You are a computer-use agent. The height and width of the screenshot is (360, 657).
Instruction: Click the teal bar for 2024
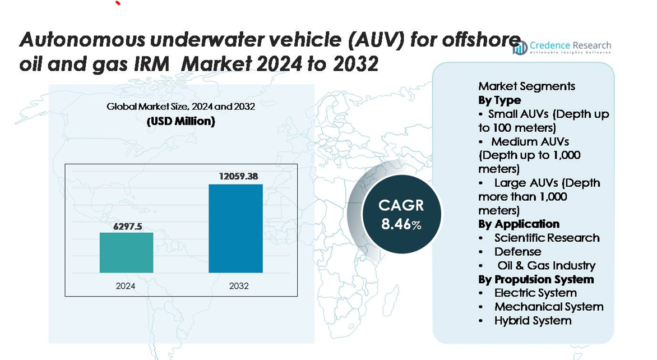click(x=126, y=252)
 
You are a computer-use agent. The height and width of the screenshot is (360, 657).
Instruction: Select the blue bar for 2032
click(x=235, y=228)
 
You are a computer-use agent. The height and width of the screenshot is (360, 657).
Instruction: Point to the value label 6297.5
click(x=126, y=226)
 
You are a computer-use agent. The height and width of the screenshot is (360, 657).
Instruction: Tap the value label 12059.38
click(x=238, y=176)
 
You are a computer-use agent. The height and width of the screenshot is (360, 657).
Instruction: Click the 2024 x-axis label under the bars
click(x=126, y=286)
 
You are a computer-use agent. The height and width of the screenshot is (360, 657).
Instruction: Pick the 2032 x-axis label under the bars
click(x=239, y=286)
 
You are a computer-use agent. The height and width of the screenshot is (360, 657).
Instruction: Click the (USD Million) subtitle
click(x=181, y=121)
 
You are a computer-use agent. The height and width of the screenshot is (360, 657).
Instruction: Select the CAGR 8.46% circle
click(x=402, y=214)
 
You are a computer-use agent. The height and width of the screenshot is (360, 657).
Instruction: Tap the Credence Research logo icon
click(x=520, y=48)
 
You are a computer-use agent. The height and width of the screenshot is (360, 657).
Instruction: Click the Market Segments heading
click(x=526, y=86)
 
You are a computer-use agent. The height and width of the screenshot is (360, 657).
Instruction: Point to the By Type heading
click(x=499, y=100)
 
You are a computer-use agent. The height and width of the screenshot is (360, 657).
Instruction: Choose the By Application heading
click(x=519, y=224)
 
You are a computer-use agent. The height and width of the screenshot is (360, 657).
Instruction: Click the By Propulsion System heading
click(x=536, y=279)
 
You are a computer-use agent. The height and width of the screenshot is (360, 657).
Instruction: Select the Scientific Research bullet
click(x=547, y=238)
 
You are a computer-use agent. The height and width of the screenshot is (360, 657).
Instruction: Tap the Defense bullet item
click(x=517, y=252)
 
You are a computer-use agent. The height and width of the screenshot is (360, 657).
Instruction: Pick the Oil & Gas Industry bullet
click(x=546, y=266)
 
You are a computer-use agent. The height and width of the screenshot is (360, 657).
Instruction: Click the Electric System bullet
click(x=535, y=293)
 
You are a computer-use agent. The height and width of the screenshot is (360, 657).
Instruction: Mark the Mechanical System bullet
click(x=548, y=307)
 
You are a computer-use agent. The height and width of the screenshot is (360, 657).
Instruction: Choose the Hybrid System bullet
click(x=533, y=321)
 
